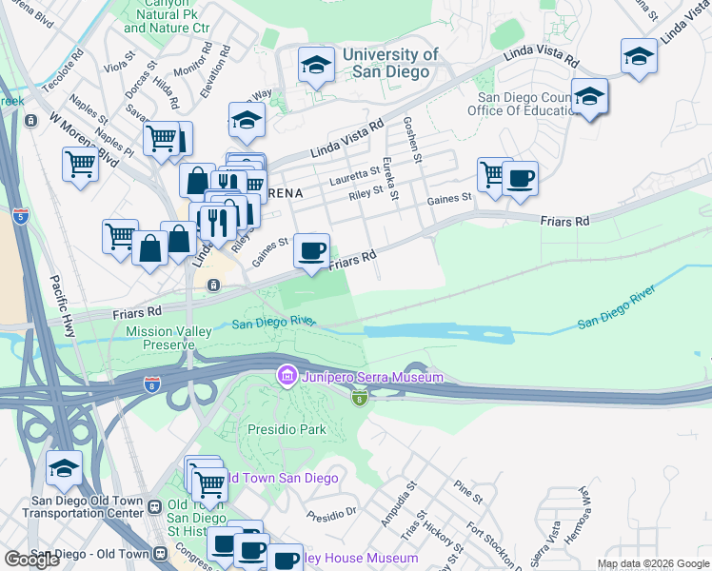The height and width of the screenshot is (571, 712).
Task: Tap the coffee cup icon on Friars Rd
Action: (312, 251)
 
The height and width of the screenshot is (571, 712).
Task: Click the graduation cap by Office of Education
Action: (590, 97)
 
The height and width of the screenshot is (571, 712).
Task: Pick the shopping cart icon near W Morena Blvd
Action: (80, 164)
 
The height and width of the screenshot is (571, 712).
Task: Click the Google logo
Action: (32, 560)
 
